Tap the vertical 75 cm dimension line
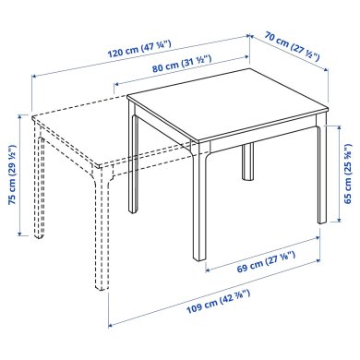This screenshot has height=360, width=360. click(20, 175)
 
